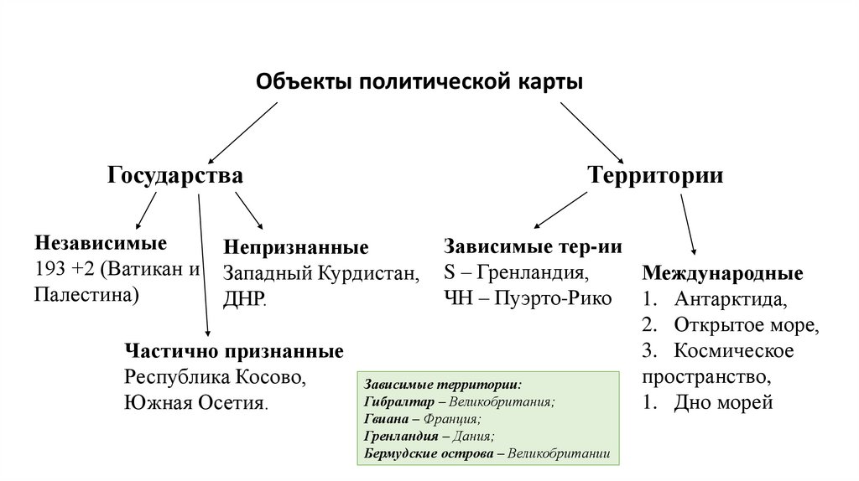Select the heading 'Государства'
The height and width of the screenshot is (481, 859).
pos(175,176)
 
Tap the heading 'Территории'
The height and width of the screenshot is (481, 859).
pos(655,176)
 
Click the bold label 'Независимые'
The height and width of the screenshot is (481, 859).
pos(101,243)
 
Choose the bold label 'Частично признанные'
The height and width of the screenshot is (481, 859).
pos(234,349)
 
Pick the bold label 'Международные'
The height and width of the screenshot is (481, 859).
pos(722,273)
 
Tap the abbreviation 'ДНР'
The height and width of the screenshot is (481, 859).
pos(243,299)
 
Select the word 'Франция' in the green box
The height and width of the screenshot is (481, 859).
pos(455,419)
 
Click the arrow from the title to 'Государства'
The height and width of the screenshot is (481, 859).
pos(242,132)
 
